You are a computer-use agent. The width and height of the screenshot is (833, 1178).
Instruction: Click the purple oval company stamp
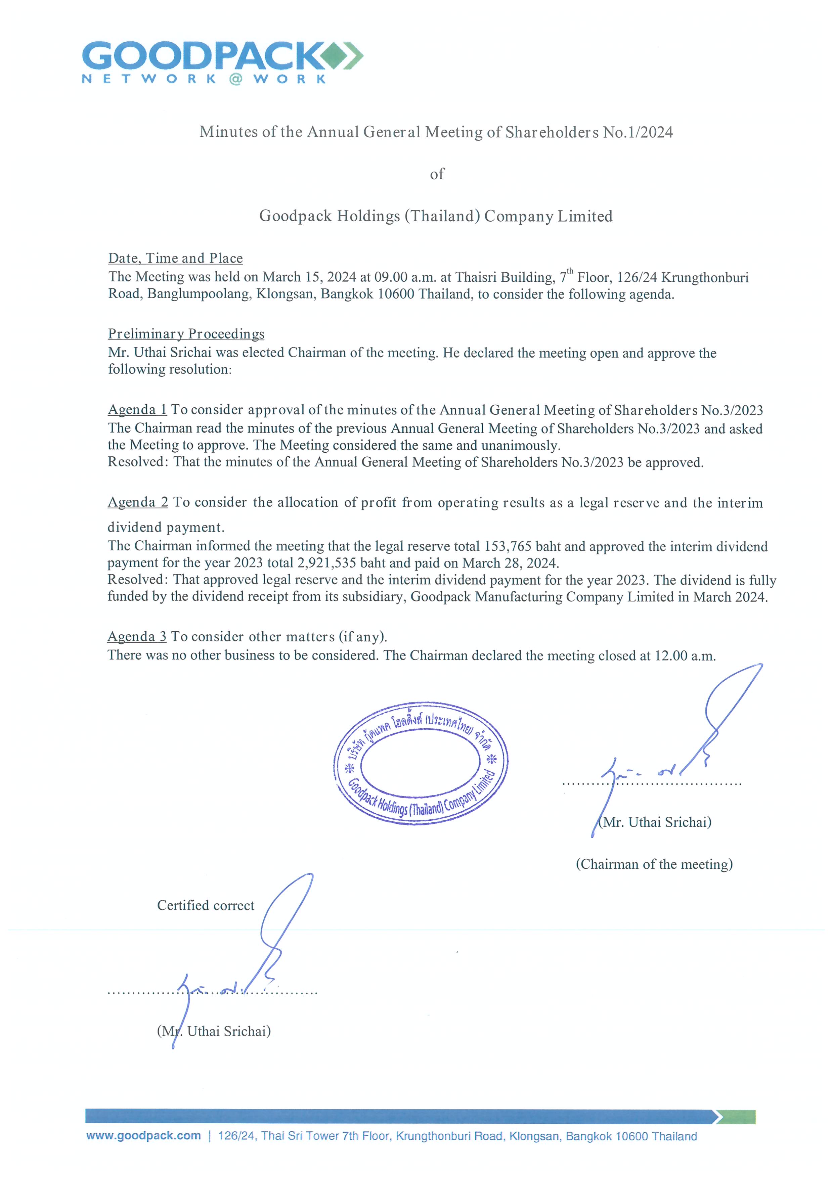point(421,763)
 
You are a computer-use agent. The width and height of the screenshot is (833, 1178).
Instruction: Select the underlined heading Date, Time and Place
point(176,258)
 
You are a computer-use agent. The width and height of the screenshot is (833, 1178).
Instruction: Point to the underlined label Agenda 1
point(137,409)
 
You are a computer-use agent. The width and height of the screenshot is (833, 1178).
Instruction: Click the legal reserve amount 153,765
point(507,546)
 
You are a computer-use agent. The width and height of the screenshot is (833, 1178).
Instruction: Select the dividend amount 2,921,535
point(327,563)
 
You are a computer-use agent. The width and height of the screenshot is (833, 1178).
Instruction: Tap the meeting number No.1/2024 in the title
point(638,132)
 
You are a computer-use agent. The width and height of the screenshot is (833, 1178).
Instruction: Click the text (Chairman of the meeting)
point(654,864)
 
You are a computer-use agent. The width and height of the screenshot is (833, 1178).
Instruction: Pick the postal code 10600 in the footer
point(631,1136)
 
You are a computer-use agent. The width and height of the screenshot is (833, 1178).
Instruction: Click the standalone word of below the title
point(437,174)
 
